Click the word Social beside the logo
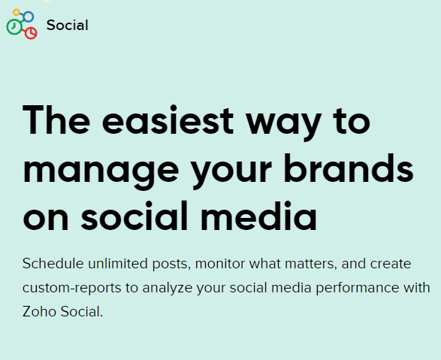pos(67,25)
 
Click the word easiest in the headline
pos(168,120)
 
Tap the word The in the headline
pos(56,119)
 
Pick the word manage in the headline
pos(101,171)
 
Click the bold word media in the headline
pos(258,216)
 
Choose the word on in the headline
pos(46,219)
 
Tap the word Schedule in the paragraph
pos(53,264)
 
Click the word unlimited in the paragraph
pos(118,264)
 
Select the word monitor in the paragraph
pos(220,264)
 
